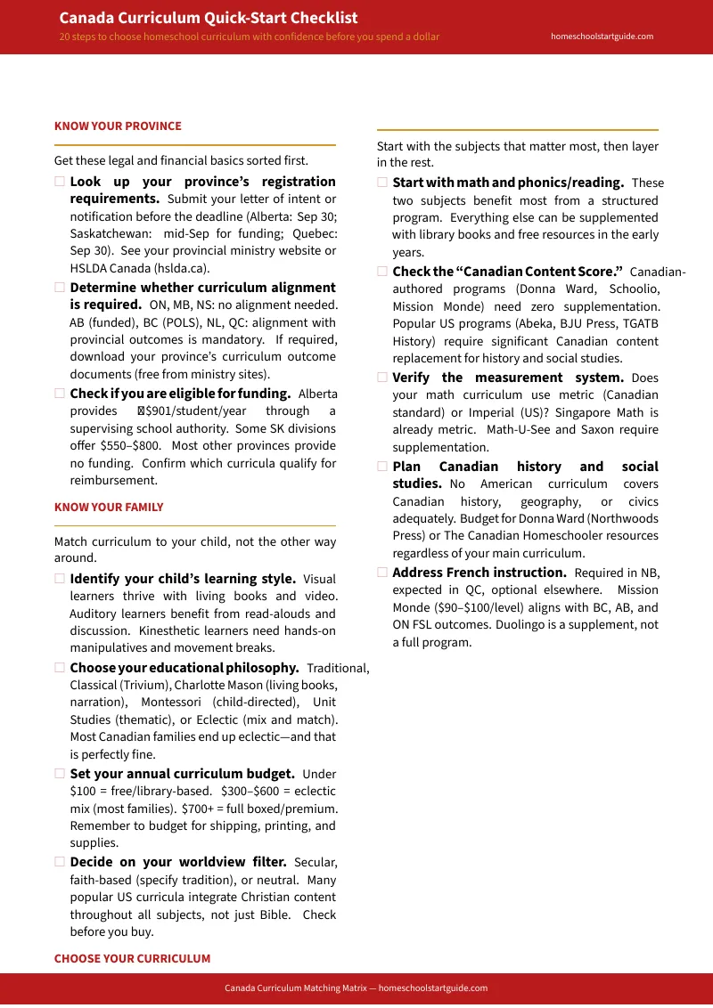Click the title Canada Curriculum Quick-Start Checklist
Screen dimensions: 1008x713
click(209, 18)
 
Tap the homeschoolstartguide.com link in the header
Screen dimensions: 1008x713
click(602, 37)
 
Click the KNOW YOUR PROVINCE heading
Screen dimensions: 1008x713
click(118, 126)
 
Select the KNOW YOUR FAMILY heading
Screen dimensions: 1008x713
click(109, 508)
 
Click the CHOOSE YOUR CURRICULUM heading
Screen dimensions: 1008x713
click(132, 959)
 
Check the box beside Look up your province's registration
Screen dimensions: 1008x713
click(60, 182)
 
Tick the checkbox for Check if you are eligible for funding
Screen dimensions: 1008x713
click(60, 394)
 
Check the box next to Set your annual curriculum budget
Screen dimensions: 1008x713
click(60, 775)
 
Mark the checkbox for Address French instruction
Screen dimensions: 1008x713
click(382, 573)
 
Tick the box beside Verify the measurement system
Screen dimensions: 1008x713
click(382, 378)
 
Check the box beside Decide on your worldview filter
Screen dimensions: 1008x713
click(60, 862)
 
